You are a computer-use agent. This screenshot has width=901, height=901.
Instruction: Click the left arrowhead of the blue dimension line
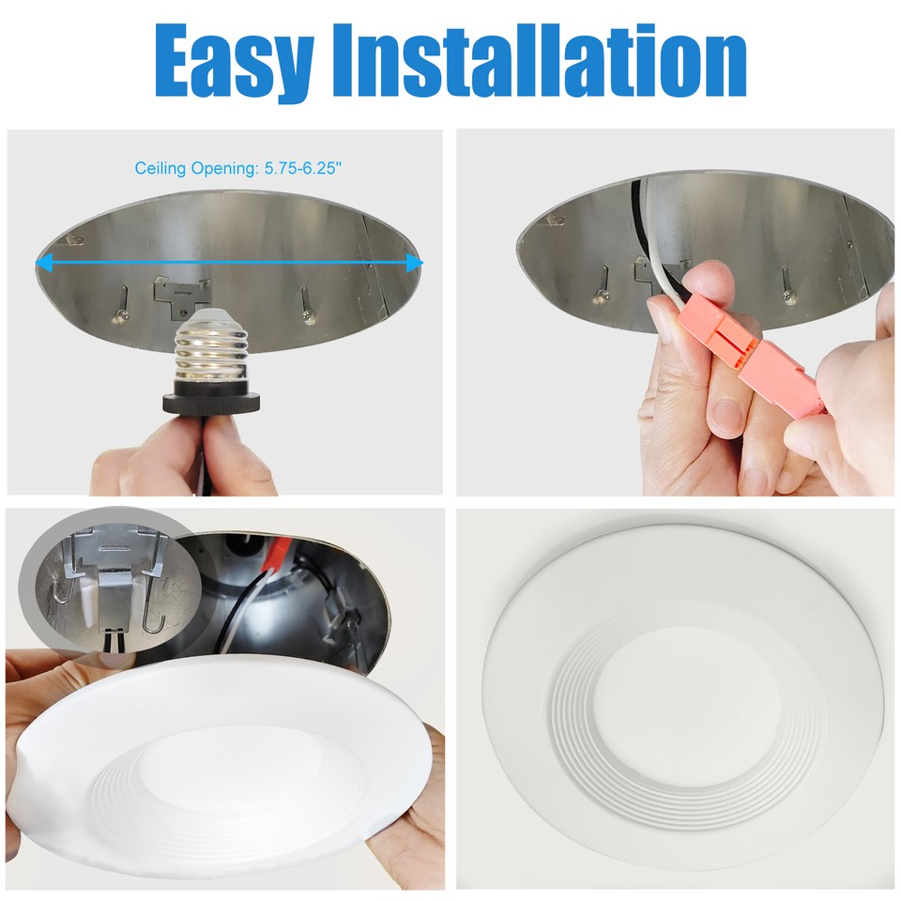point(42,264)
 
